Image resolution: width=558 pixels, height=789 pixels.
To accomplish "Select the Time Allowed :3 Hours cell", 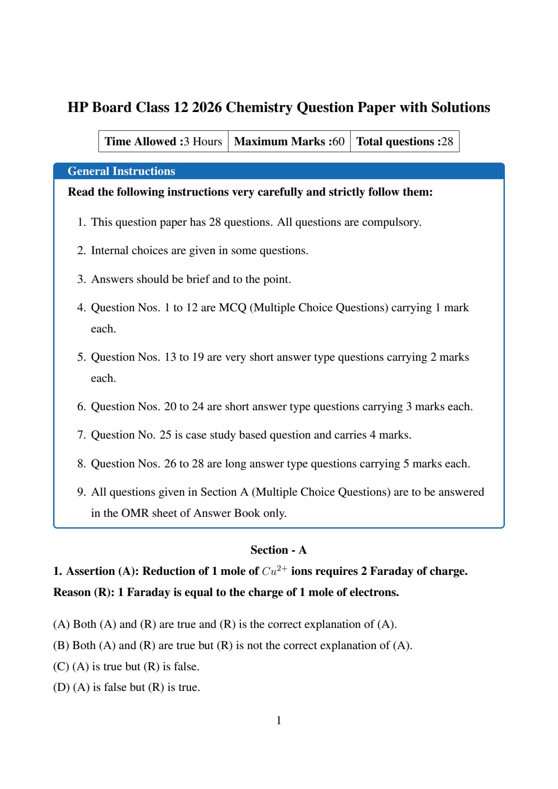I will (x=163, y=142).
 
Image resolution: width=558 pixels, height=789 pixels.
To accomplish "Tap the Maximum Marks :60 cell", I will (x=289, y=142).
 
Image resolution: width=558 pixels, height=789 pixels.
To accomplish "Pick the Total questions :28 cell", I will (x=405, y=142).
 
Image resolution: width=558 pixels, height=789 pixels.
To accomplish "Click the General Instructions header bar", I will (x=279, y=171).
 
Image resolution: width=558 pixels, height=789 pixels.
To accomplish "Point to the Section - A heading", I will (x=279, y=550).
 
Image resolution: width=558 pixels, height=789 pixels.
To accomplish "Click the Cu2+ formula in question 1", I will (x=274, y=570).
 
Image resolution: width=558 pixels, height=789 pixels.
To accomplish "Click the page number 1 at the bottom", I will (x=279, y=721).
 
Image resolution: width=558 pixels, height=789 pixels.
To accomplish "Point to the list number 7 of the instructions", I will (x=81, y=435).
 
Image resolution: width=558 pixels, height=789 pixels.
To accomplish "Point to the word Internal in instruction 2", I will (x=109, y=251).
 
